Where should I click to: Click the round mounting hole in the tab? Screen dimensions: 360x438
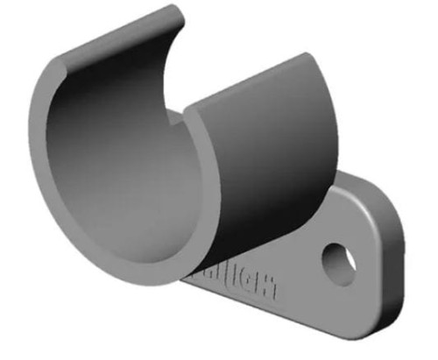[x=338, y=260]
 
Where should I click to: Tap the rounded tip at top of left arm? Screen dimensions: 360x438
[x=176, y=12]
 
